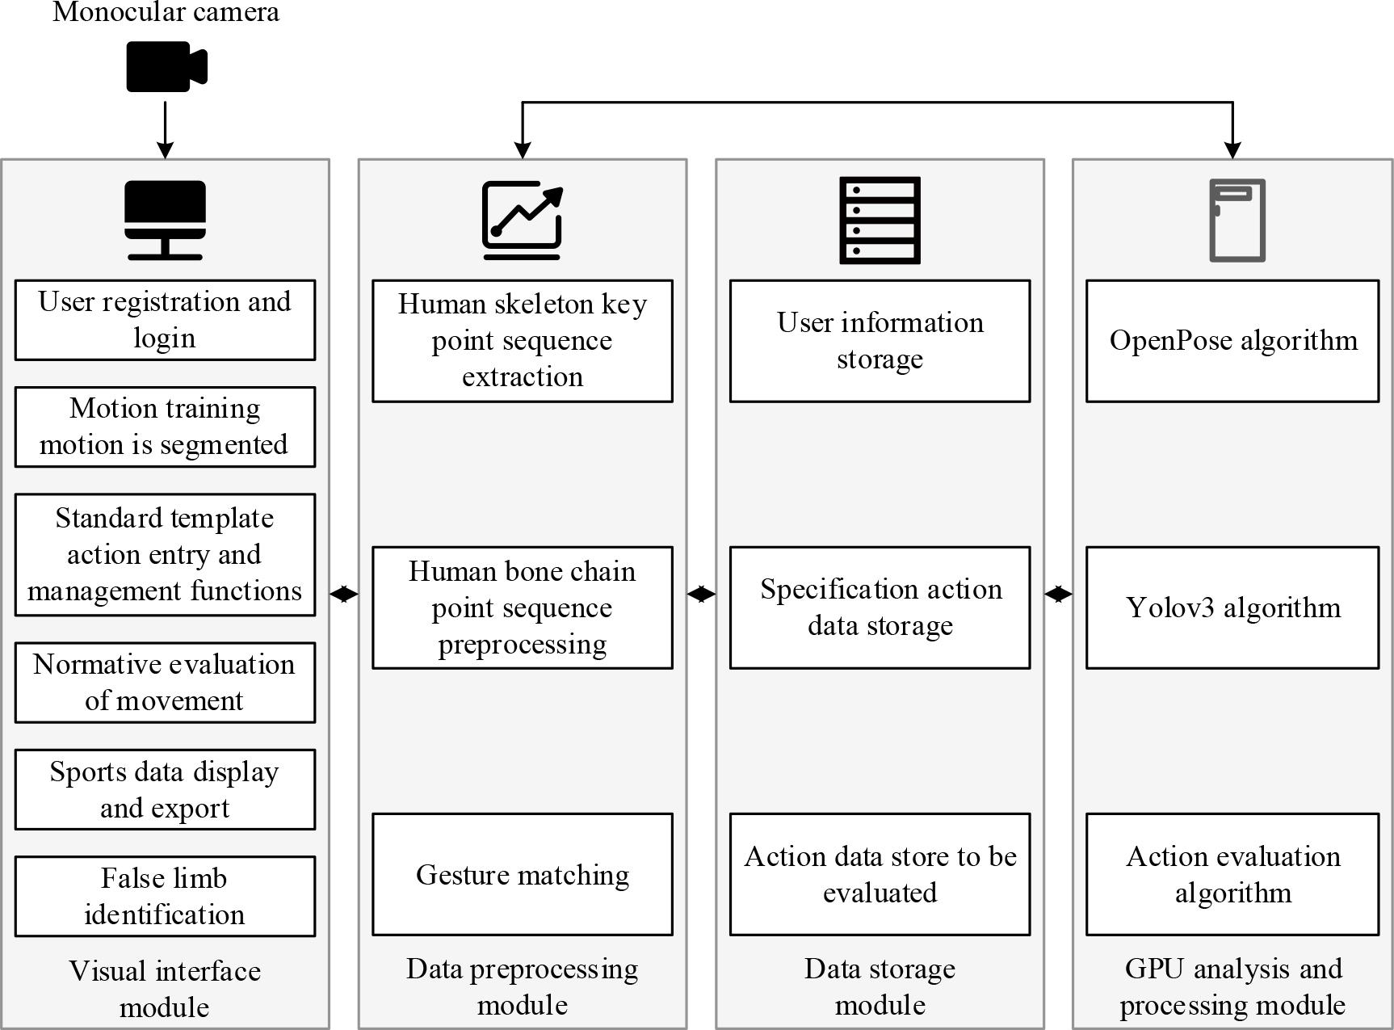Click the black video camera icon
pyautogui.click(x=166, y=67)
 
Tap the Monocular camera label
pyautogui.click(x=166, y=12)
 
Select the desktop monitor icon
pyautogui.click(x=165, y=220)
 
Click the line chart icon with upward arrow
pyautogui.click(x=522, y=220)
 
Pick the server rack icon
pyautogui.click(x=880, y=220)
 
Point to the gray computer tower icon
pyautogui.click(x=1237, y=220)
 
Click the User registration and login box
pyautogui.click(x=165, y=320)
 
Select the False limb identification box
pyautogui.click(x=165, y=896)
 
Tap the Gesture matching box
pyautogui.click(x=522, y=874)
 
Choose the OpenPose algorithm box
pyautogui.click(x=1232, y=341)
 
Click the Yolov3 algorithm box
pyautogui.click(x=1232, y=607)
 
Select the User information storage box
pyautogui.click(x=880, y=341)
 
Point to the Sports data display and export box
pyautogui.click(x=165, y=789)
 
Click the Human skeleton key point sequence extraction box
pyautogui.click(x=522, y=341)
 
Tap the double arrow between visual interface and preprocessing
pyautogui.click(x=344, y=595)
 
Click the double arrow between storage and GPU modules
pyautogui.click(x=1058, y=595)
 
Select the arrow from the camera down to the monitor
pyautogui.click(x=165, y=129)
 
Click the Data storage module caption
pyautogui.click(x=880, y=986)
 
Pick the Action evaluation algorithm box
pyautogui.click(x=1232, y=874)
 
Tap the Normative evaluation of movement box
pyautogui.click(x=165, y=683)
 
